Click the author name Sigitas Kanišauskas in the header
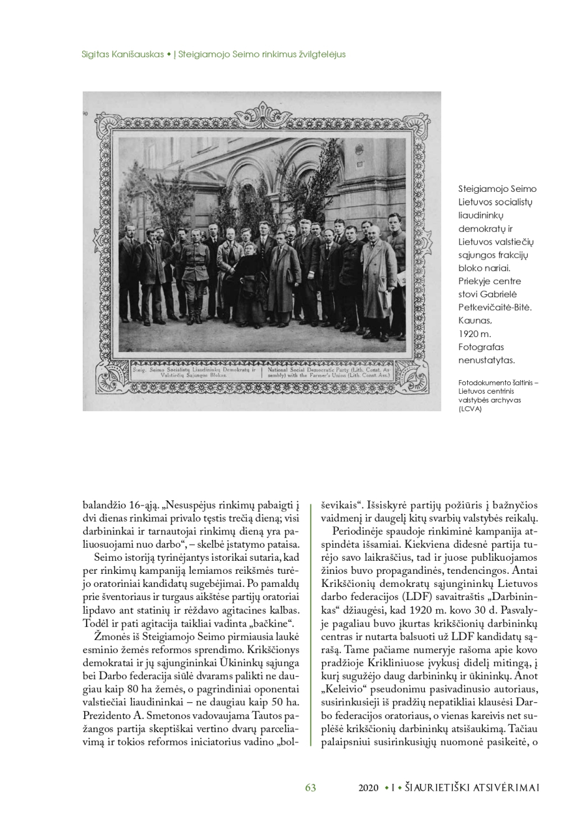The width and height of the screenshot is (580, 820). (123, 54)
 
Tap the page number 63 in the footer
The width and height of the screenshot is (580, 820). (310, 788)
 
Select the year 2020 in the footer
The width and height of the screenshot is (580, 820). (368, 788)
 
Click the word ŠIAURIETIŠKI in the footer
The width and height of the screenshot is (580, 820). (436, 788)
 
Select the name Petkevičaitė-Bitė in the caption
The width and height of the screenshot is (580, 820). (495, 307)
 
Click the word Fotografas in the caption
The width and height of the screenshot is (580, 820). (481, 347)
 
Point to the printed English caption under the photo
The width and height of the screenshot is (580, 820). (335, 373)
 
